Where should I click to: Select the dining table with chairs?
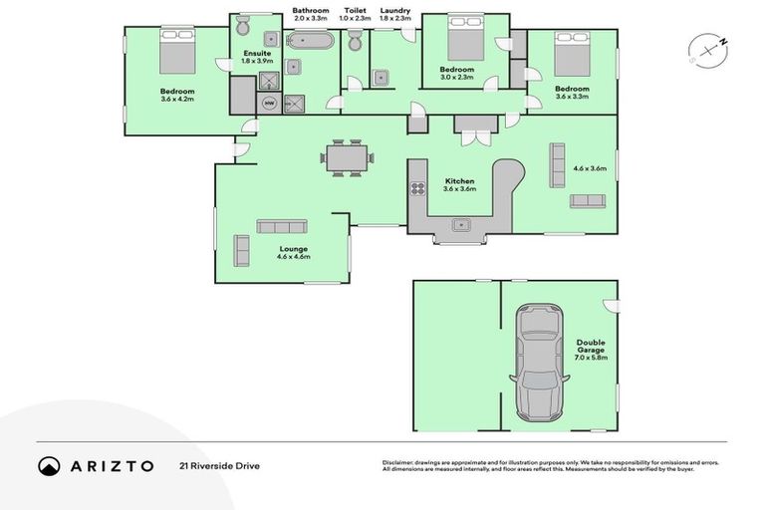(x=348, y=156)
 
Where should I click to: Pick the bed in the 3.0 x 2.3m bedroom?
(x=464, y=42)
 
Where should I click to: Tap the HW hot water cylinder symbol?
(x=268, y=102)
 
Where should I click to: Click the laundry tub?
(x=380, y=77)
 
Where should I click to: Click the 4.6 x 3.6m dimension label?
(x=589, y=168)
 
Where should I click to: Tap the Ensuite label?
(x=256, y=53)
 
